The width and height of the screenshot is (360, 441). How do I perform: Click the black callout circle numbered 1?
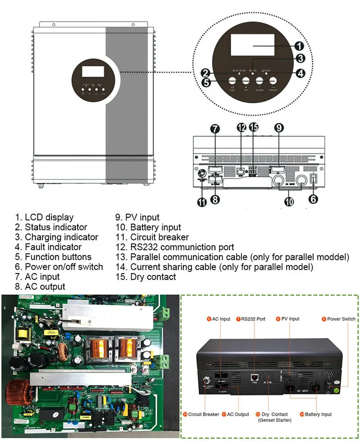click(x=298, y=47)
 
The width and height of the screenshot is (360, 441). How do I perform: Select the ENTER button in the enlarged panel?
click(x=273, y=82)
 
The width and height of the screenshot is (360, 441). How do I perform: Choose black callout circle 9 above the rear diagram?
click(x=279, y=128)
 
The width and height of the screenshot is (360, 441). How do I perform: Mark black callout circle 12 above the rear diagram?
click(x=241, y=128)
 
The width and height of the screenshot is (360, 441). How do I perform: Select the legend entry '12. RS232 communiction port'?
click(x=175, y=247)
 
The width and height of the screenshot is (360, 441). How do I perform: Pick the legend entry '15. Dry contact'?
click(x=146, y=277)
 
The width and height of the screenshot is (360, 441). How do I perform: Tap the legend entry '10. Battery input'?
click(x=148, y=227)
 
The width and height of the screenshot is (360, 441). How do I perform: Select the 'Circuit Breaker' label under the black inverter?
click(x=204, y=414)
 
